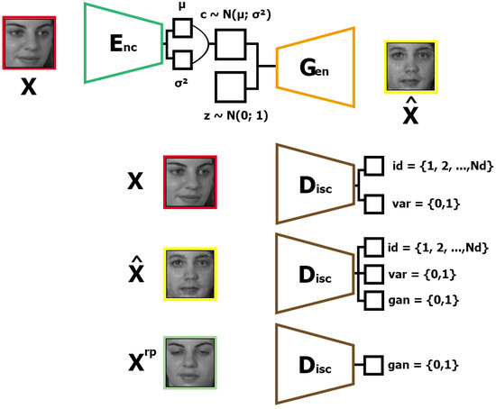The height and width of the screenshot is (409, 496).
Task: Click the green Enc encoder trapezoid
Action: pos(122,42)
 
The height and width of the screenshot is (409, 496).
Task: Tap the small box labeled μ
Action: pos(180,29)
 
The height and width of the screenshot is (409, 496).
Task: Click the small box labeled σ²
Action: pos(180,59)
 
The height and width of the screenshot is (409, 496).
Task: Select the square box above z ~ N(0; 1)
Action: pos(233,87)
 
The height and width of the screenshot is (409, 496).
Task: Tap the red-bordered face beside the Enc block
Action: pos(30,40)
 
